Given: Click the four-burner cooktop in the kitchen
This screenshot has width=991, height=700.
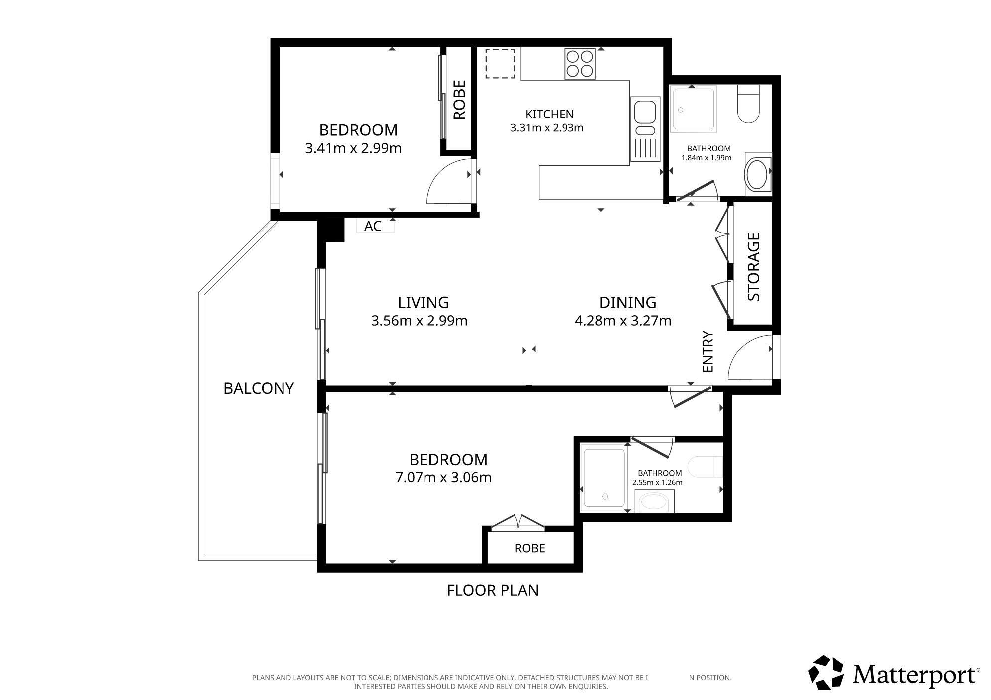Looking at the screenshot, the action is [x=580, y=64].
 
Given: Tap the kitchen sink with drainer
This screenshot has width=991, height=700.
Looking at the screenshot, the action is [x=645, y=129].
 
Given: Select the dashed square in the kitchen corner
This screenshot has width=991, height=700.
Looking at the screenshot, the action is [x=500, y=63].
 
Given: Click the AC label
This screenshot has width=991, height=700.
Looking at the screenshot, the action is [x=373, y=226].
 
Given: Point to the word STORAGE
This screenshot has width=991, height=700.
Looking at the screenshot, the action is [x=754, y=267].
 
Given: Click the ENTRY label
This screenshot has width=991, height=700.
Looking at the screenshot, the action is [x=708, y=352].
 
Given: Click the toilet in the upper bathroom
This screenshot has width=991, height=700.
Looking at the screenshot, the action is [x=748, y=104].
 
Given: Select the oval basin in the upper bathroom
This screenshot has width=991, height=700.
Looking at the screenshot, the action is [x=758, y=175].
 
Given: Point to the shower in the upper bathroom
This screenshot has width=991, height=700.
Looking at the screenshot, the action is [x=693, y=109].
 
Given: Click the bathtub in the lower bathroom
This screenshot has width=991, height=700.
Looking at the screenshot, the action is [x=604, y=478].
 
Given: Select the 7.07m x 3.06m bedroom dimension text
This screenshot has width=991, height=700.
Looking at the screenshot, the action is [x=443, y=478].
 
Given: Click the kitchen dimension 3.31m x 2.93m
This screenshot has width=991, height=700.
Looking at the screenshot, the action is [x=547, y=128].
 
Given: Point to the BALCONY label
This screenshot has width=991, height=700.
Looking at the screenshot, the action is [x=259, y=388].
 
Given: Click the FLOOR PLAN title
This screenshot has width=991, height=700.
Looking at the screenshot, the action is [x=493, y=590].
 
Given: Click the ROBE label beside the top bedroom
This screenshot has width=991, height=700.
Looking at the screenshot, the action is [x=459, y=100].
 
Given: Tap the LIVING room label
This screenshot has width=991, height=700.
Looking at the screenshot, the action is [x=424, y=302].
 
